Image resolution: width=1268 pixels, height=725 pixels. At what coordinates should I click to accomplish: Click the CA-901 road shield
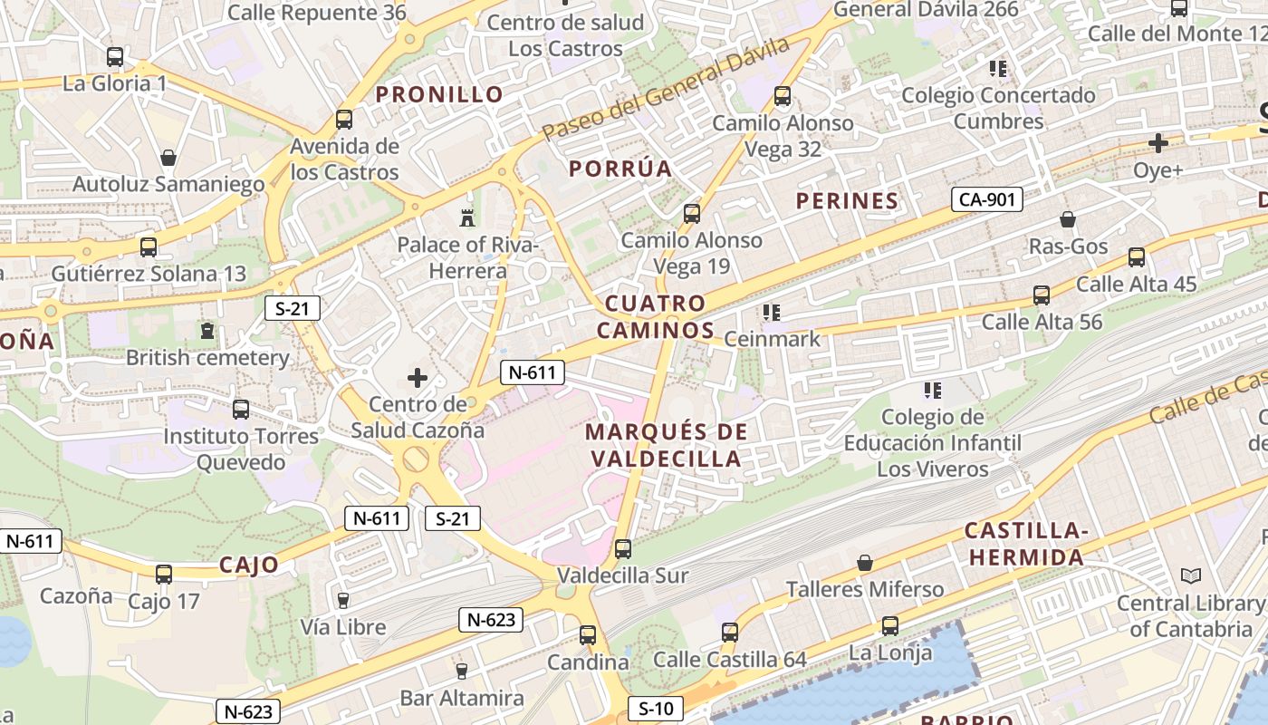pos(986,199)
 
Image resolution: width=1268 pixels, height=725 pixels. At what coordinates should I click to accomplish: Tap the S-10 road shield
pos(655,709)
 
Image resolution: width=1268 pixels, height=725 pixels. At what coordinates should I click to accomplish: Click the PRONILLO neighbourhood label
pos(439,94)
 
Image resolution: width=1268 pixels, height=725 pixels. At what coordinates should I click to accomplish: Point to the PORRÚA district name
pos(620,169)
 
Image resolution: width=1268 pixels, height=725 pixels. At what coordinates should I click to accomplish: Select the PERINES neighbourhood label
pos(847,201)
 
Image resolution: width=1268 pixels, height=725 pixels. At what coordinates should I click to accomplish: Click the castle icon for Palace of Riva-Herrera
pos(467,218)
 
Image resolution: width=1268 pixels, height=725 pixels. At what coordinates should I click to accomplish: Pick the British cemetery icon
pos(207,332)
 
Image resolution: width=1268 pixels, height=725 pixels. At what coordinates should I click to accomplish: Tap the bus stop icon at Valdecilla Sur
pos(622,549)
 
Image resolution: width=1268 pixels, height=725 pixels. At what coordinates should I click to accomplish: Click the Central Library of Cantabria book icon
pos(1191,576)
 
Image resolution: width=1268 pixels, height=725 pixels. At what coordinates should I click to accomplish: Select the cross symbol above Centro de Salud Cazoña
pos(418,378)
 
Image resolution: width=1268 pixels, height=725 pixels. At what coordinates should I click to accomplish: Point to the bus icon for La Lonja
pos(890,626)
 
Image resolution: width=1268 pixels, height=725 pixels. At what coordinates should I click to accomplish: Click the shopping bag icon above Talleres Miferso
pos(865,563)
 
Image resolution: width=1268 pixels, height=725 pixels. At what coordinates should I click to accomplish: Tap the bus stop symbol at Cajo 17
pos(163,575)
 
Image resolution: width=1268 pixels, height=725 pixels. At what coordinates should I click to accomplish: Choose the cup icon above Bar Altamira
pos(461,672)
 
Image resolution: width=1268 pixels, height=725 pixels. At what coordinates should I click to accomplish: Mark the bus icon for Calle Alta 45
pos(1137,257)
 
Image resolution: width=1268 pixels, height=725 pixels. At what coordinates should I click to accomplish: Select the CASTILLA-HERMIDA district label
pos(1025,544)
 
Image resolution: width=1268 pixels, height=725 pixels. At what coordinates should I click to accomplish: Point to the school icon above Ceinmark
pos(772,314)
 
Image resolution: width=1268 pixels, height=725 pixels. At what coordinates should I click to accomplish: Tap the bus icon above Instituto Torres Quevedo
pos(241,410)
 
